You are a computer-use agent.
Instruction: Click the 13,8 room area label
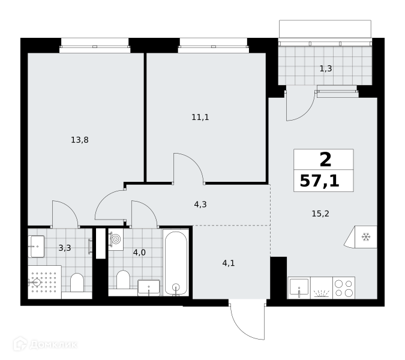(x=80, y=140)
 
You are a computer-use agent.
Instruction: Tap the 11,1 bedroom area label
(x=200, y=117)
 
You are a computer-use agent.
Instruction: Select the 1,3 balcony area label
(x=326, y=68)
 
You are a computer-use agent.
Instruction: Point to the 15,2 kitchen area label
(x=320, y=214)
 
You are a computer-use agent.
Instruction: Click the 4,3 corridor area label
(x=200, y=205)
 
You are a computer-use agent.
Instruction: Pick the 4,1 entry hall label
(x=229, y=263)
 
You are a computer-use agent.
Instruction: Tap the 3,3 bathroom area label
(x=65, y=248)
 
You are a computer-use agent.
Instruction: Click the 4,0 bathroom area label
(x=139, y=253)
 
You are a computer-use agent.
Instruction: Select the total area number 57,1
(x=320, y=181)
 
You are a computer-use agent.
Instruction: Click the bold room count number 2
(x=325, y=160)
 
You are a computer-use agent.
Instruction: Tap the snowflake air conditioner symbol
(x=366, y=237)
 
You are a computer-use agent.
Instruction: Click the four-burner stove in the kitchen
(x=344, y=288)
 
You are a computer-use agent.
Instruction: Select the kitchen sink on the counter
(x=299, y=287)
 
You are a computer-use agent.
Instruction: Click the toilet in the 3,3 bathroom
(x=77, y=282)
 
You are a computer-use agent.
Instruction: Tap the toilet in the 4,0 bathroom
(x=123, y=280)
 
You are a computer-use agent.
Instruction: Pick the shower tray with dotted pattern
(x=44, y=282)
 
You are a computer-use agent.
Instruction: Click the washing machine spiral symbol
(x=116, y=239)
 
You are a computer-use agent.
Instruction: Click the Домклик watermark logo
(x=46, y=344)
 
